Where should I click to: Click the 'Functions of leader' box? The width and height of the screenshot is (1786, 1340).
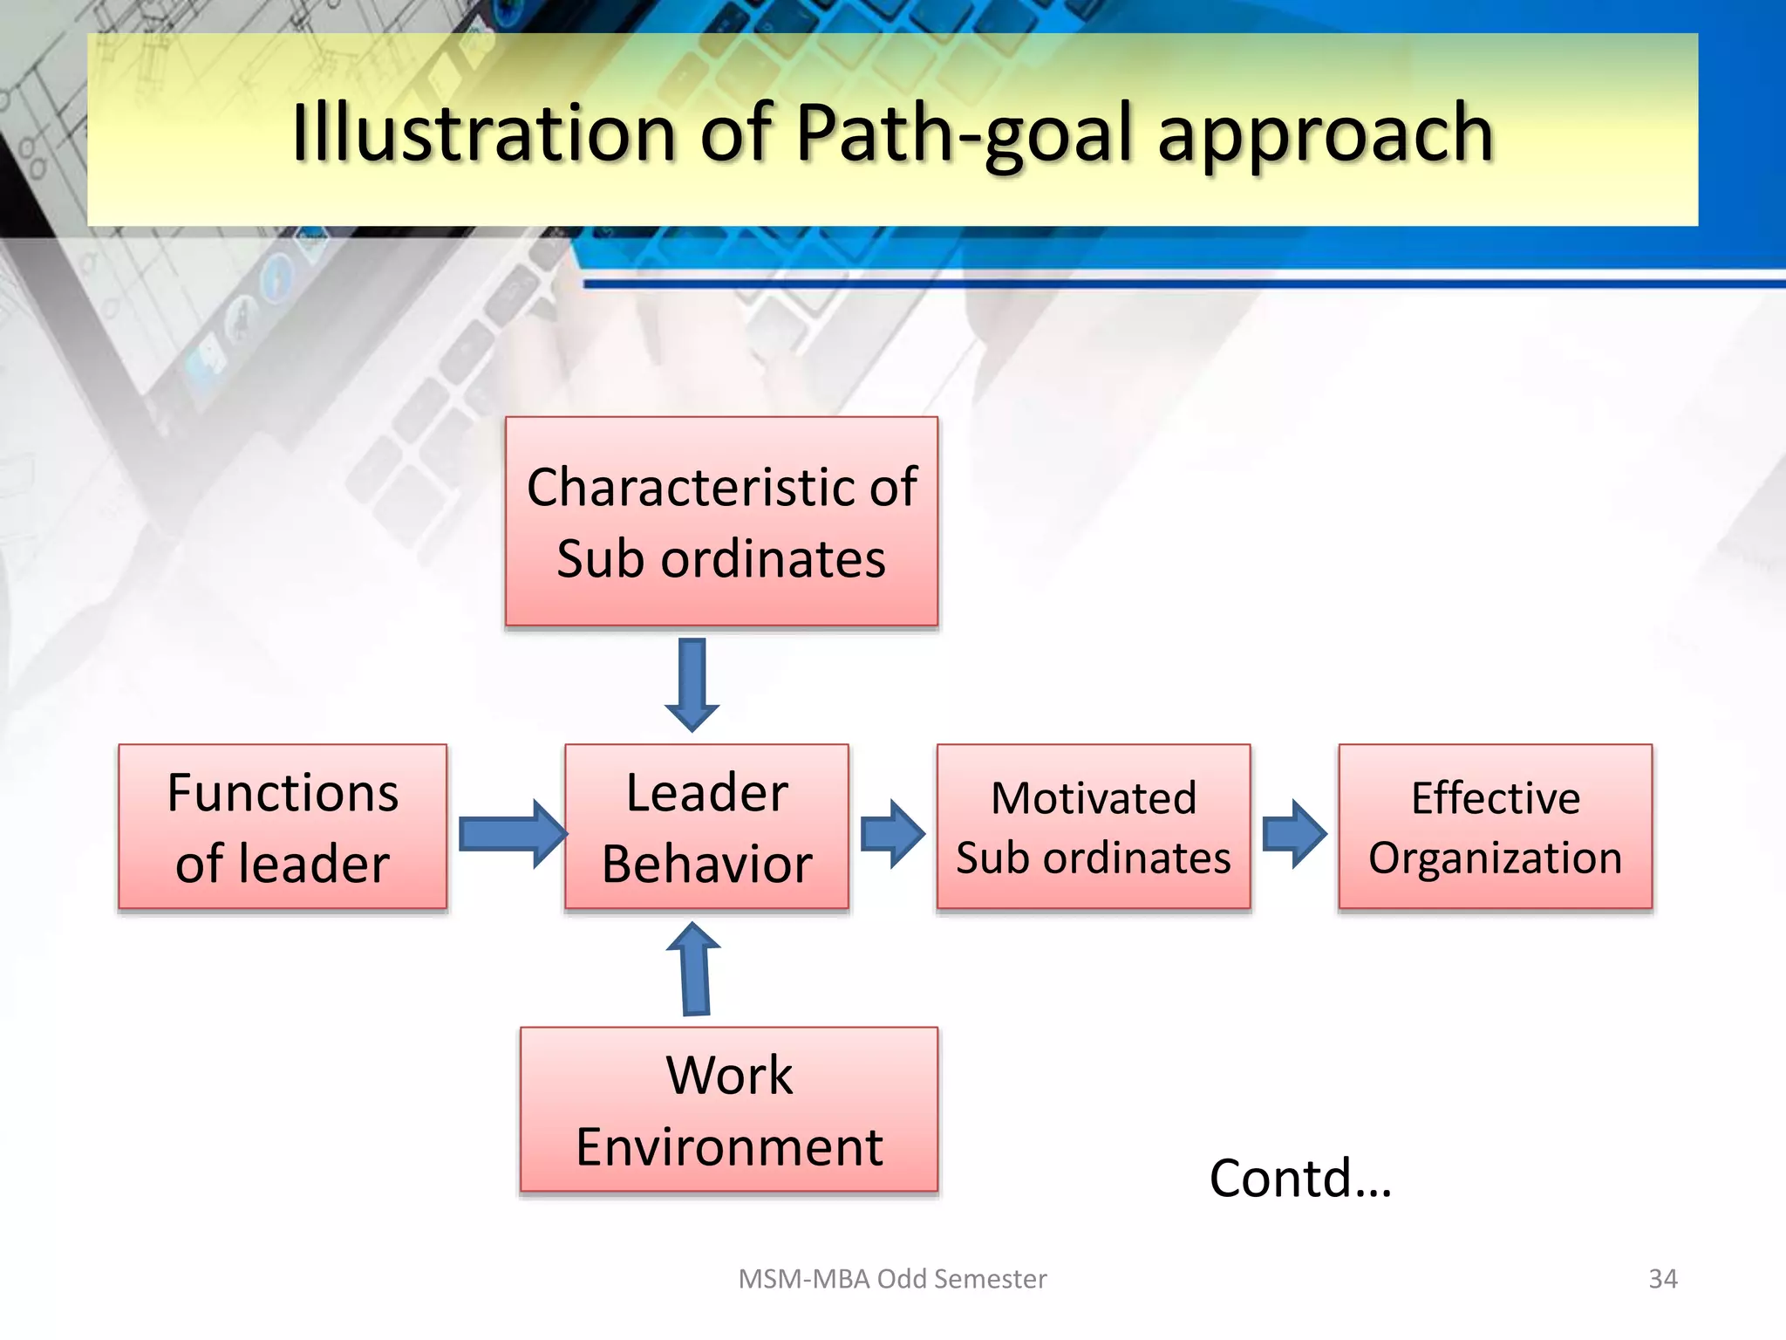point(283,826)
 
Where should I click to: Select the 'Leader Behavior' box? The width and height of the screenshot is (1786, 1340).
point(706,826)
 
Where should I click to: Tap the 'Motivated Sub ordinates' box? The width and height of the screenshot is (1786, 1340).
point(1093,826)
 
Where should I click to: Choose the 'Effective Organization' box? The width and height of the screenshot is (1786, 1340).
point(1495,826)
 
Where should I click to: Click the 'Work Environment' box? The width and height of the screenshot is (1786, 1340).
point(729,1109)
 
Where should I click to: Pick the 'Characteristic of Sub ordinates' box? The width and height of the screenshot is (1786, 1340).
point(721,521)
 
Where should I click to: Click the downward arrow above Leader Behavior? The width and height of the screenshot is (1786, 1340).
point(692,684)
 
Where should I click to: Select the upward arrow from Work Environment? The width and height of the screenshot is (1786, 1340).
point(694,968)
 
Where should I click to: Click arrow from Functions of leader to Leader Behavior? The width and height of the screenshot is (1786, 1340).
point(511,833)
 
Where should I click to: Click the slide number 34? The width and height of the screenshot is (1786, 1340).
point(1662,1278)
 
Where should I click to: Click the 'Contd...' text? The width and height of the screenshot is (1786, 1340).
point(1299,1178)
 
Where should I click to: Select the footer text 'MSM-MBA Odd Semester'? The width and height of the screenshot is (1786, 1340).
point(892,1278)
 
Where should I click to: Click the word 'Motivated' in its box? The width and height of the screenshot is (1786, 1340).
point(1094,797)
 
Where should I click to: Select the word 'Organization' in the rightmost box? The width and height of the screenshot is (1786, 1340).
point(1495,857)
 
